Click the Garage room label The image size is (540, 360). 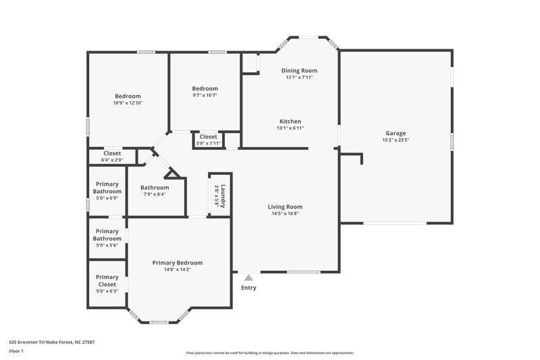396,133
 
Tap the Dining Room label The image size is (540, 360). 299,70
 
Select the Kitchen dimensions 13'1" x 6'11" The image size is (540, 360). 290,128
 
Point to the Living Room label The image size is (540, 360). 285,207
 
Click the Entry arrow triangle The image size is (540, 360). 248,277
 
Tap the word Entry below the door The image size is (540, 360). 248,288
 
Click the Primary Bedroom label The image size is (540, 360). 177,263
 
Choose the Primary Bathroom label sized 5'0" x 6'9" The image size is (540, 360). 107,188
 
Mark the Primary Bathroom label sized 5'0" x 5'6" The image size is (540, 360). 107,234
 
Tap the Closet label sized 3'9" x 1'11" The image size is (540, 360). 209,136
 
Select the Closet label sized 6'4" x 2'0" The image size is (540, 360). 112,153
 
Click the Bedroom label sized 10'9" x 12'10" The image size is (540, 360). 128,95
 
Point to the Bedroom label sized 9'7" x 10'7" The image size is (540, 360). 205,88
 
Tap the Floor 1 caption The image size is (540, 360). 17,352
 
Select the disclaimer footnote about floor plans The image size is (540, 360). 269,353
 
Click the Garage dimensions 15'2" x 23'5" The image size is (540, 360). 396,140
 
